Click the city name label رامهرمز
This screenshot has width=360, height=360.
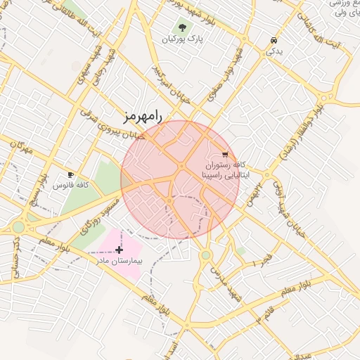[142, 116]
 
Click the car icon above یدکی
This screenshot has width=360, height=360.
[274, 40]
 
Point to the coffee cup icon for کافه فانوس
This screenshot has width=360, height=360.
[70, 174]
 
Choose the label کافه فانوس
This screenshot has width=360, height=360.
[71, 185]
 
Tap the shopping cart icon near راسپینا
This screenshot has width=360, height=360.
[225, 154]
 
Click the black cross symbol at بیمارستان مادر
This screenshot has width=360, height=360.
[119, 249]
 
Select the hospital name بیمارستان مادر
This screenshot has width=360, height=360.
[120, 260]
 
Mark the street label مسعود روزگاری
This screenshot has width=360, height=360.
[97, 215]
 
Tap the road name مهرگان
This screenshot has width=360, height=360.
[21, 148]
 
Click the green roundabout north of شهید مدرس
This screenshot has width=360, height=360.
[205, 255]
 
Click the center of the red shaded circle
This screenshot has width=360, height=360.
[180, 180]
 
